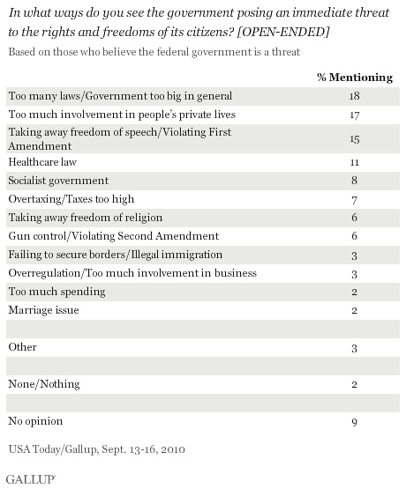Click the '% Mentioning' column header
(355, 77)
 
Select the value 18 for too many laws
(355, 96)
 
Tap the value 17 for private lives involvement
(355, 115)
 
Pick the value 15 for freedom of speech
(355, 139)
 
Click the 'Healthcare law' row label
(42, 162)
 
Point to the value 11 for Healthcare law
(355, 162)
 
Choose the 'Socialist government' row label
(58, 181)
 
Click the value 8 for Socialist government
(354, 181)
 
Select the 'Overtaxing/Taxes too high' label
(71, 199)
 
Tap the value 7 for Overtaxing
(354, 200)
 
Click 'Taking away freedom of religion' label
(86, 218)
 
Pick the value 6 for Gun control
(354, 236)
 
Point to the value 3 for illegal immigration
(354, 256)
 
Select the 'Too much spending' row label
(56, 292)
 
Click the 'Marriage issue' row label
(44, 310)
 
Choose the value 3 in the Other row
(354, 348)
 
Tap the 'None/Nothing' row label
(44, 384)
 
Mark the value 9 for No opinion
(354, 422)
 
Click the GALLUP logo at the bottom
(31, 479)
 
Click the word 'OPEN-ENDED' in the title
(283, 32)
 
